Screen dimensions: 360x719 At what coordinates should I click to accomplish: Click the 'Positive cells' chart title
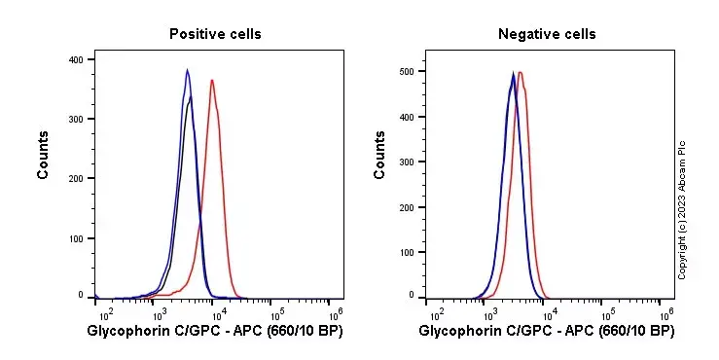point(215,34)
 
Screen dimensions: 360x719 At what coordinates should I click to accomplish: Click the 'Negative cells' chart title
point(547,34)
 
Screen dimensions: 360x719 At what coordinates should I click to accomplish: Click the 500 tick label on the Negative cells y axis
point(407,71)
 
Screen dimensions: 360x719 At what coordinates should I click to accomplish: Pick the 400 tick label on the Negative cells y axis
point(407,116)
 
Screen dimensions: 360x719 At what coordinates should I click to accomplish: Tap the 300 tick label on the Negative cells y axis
point(407,162)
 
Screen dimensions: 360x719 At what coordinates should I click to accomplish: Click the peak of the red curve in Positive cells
point(212,80)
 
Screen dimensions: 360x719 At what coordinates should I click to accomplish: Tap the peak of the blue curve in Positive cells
point(188,69)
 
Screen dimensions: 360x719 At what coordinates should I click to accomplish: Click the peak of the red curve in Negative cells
point(521,72)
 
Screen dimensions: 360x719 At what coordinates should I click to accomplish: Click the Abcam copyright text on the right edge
point(682,208)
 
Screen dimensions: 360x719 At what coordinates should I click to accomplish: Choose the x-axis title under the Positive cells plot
point(215,333)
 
